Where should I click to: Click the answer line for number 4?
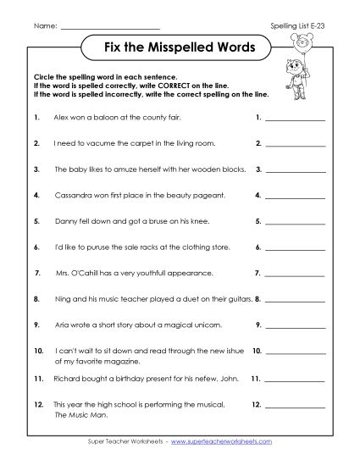295,197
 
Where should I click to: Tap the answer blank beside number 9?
295,328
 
